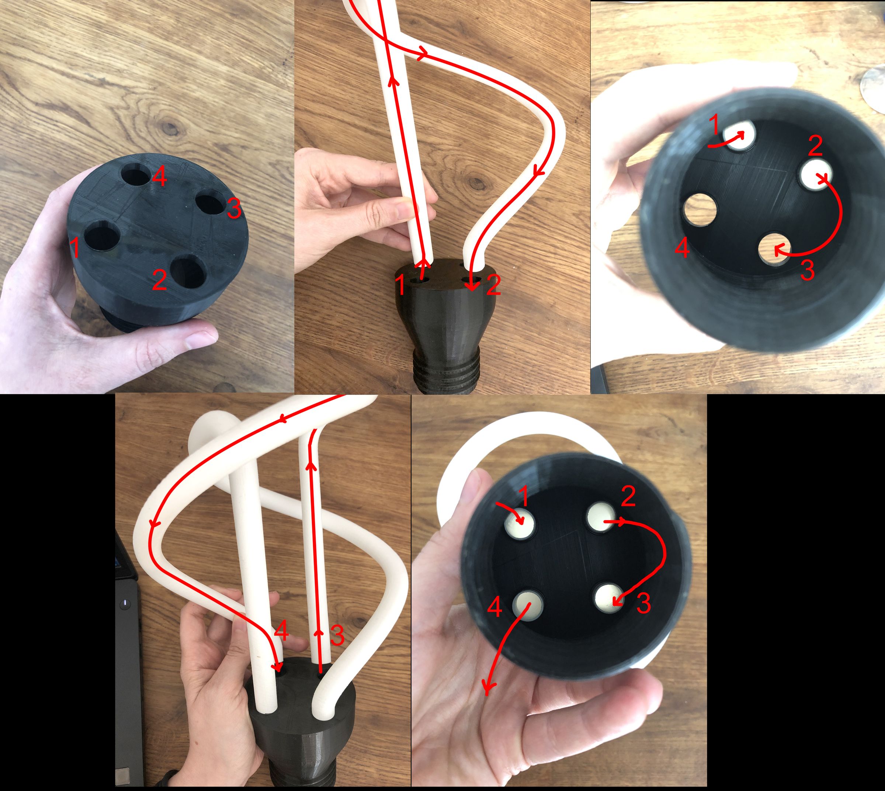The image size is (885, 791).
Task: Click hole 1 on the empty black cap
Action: pos(102,237)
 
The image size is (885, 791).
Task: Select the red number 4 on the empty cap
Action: pos(159,177)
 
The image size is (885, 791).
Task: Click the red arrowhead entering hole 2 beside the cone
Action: pos(472,287)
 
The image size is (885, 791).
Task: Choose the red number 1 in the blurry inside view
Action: pos(714,125)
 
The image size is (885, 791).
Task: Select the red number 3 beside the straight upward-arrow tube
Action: pos(337,636)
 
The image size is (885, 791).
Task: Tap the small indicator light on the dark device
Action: pos(125,603)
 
